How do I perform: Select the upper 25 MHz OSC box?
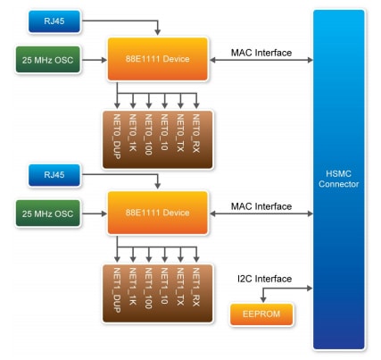pyautogui.click(x=49, y=61)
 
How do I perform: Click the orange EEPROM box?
pyautogui.click(x=261, y=314)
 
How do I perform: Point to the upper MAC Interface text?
pyautogui.click(x=261, y=53)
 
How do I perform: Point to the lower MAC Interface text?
pyautogui.click(x=261, y=206)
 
